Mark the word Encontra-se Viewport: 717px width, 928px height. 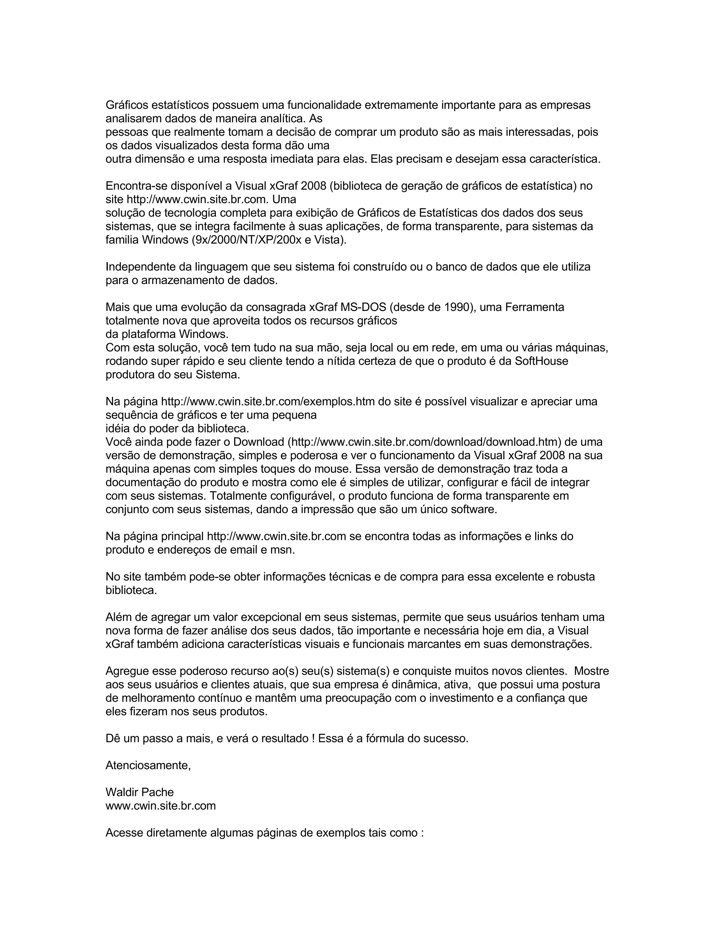point(136,186)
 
